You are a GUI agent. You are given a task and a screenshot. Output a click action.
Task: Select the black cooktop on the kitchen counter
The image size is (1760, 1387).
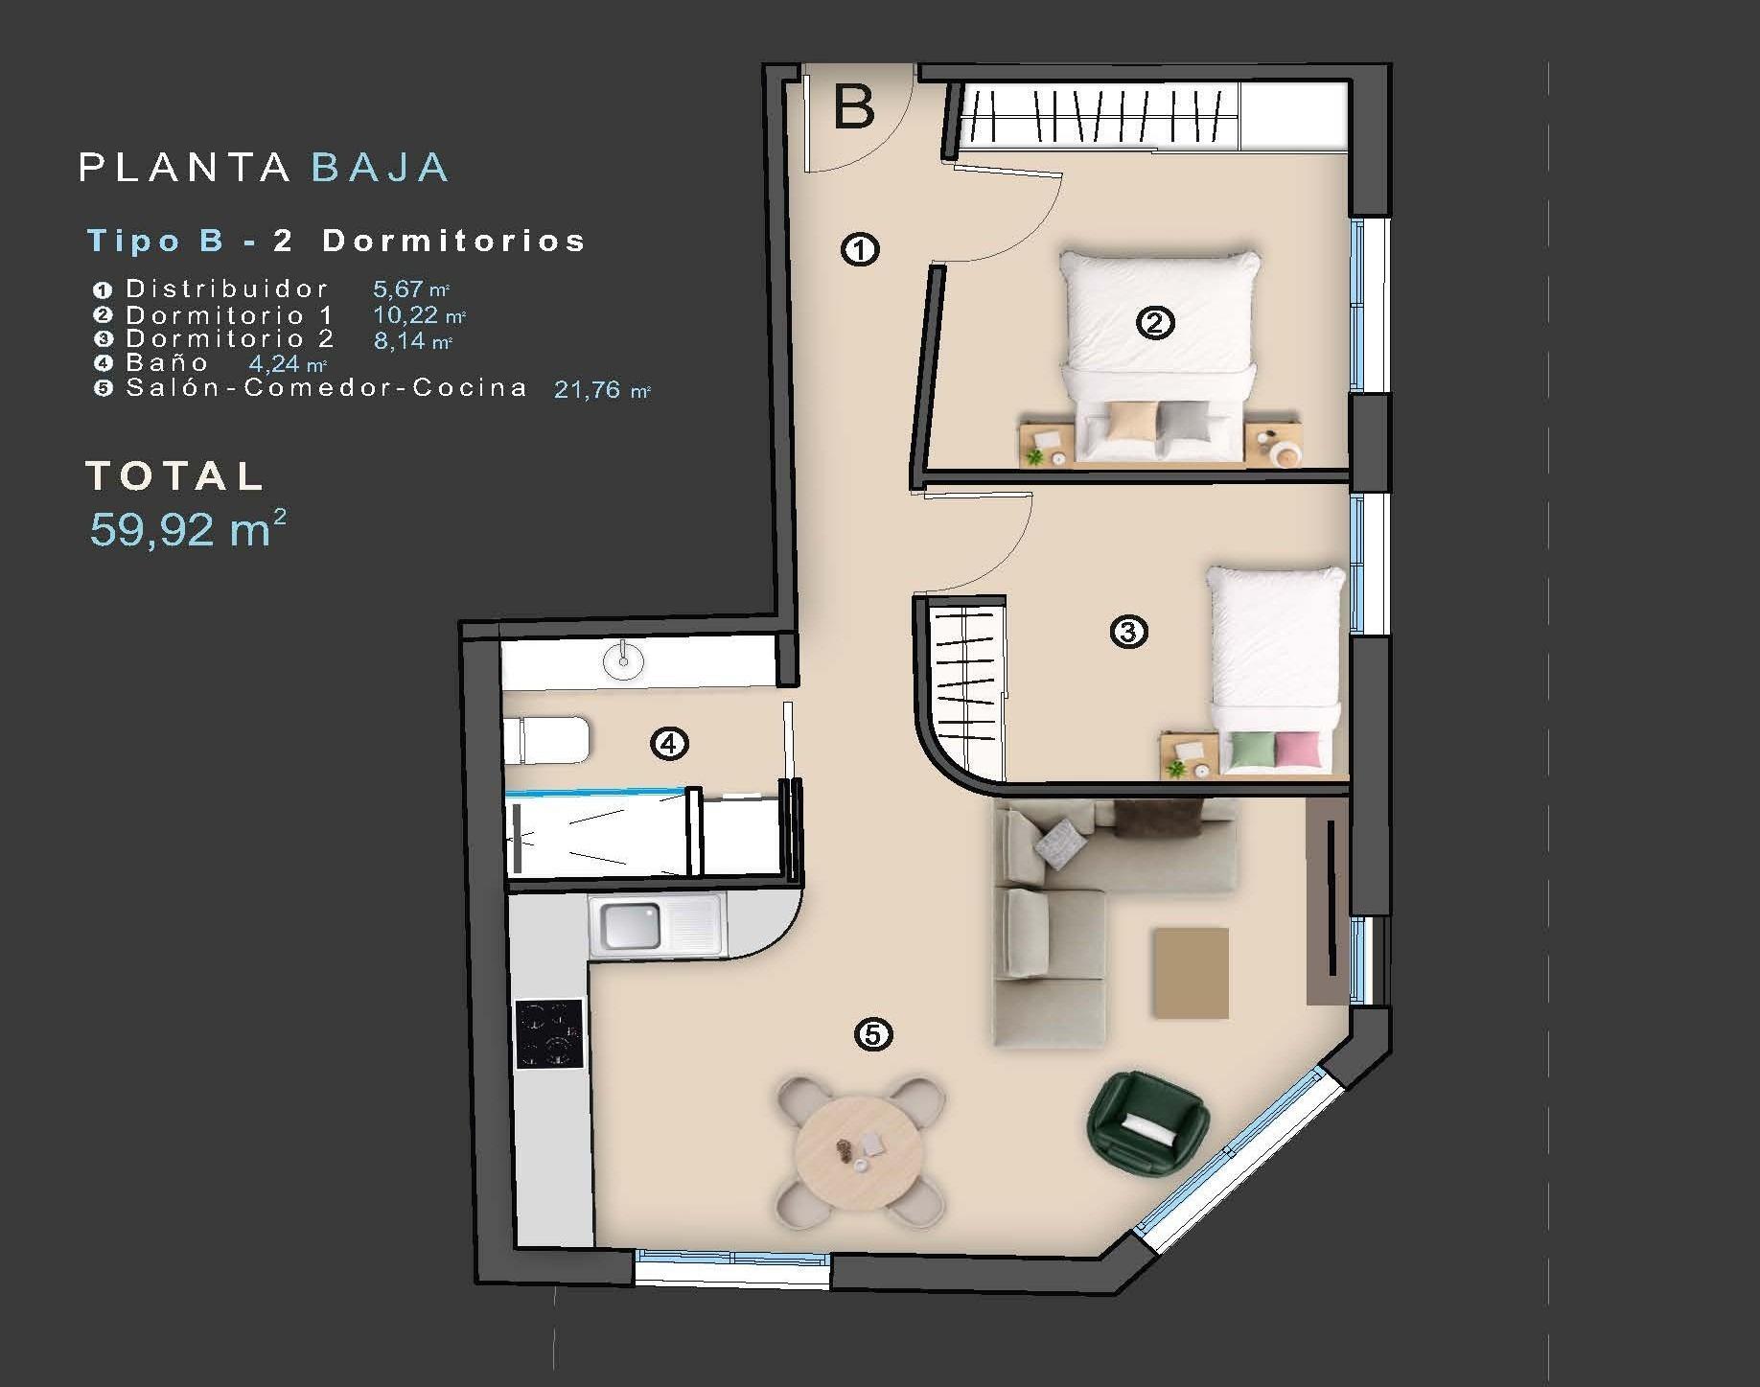(x=549, y=1033)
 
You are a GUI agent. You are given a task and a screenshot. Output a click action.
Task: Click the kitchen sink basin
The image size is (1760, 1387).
(x=630, y=925)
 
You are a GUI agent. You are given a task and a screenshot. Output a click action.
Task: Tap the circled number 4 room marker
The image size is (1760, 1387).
(x=669, y=743)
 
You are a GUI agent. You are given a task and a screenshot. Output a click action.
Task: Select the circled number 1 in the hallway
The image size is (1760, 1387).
(x=860, y=250)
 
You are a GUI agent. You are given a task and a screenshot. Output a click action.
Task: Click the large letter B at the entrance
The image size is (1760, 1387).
(x=854, y=107)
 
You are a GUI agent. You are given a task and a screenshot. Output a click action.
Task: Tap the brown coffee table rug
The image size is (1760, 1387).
(x=1191, y=972)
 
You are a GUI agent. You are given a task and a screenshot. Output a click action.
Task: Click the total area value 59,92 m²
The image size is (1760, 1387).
(x=188, y=528)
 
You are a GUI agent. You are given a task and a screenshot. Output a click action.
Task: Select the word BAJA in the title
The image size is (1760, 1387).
(x=381, y=168)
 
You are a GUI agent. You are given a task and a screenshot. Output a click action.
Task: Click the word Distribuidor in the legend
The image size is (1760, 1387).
(x=227, y=289)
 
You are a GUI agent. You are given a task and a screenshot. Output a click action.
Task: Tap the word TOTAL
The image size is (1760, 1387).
(x=175, y=475)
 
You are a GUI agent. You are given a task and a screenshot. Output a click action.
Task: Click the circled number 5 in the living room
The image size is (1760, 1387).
(x=872, y=1034)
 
